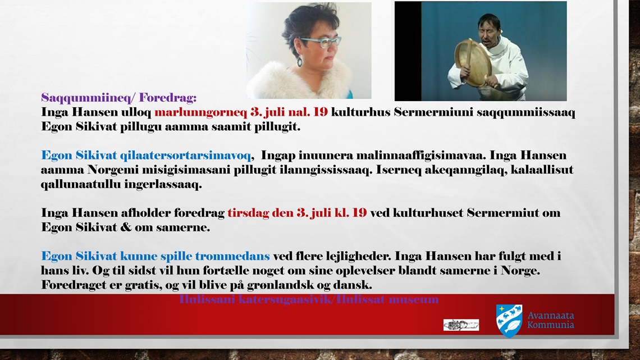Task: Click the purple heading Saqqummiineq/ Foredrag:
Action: [119, 98]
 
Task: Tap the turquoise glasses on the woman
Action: [321, 42]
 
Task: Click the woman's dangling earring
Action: [300, 61]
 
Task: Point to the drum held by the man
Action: [473, 63]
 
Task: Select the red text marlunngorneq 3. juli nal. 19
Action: [241, 112]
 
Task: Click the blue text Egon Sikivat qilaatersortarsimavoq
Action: [146, 156]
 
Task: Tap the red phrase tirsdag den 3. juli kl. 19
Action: [297, 213]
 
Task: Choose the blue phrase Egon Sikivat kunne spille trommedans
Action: [156, 256]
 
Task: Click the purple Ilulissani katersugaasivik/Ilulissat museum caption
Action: [309, 299]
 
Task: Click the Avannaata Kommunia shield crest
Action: [509, 321]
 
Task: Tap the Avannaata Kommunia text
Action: [551, 321]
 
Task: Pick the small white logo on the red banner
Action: [461, 325]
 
